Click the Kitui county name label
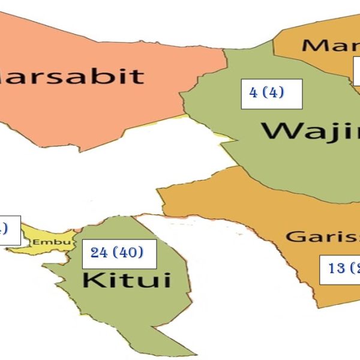[126, 280]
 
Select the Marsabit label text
[72, 76]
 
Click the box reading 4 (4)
[271, 94]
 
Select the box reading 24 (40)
[118, 253]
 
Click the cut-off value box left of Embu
[9, 230]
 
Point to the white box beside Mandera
[356, 72]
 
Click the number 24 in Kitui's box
[99, 253]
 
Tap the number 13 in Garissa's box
[336, 268]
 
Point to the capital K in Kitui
[90, 280]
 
